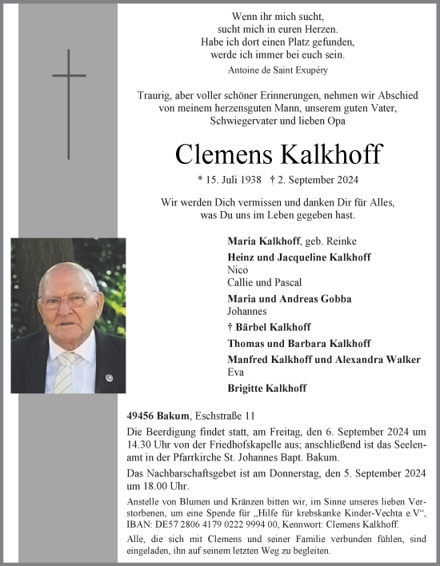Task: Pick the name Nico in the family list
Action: tap(238, 270)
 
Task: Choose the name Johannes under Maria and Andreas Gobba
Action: tap(248, 312)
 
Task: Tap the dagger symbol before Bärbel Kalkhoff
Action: tap(230, 327)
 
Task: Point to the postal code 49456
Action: tap(142, 416)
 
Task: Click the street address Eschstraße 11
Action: tap(228, 416)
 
